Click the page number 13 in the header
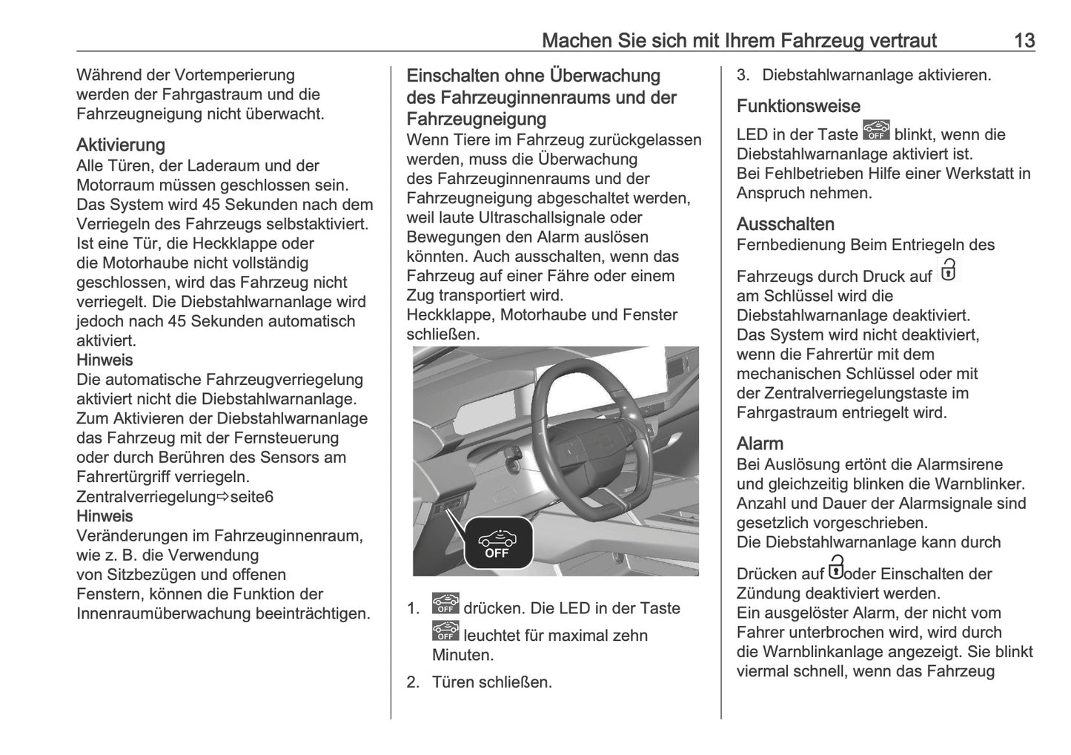[1024, 40]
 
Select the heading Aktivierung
[120, 145]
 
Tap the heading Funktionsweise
[798, 106]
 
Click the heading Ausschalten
[785, 224]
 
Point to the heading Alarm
[760, 444]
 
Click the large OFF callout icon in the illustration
[497, 542]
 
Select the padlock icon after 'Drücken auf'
[836, 567]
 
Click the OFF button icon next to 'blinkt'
[876, 131]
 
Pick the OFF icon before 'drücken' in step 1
[445, 604]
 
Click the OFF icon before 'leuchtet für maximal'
[445, 631]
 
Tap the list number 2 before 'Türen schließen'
[413, 682]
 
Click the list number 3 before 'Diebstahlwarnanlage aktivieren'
[743, 75]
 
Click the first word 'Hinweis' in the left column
[105, 360]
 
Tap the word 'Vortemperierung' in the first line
[234, 75]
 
